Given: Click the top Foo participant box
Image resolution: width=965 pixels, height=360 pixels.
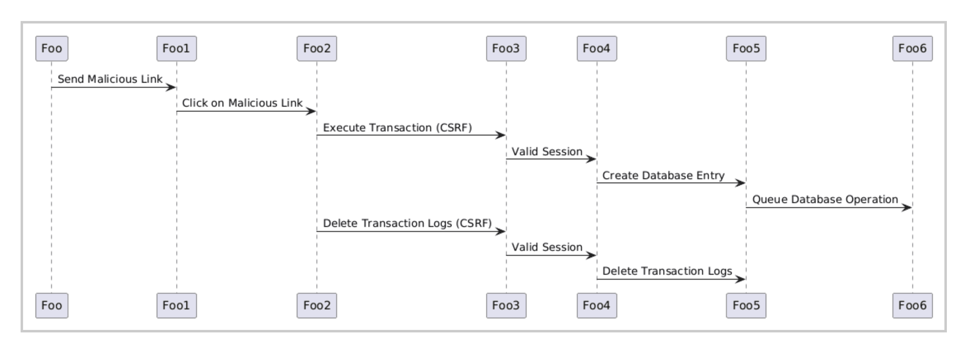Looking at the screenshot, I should (x=52, y=49).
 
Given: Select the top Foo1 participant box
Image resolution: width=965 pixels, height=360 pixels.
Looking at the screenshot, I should (x=176, y=49).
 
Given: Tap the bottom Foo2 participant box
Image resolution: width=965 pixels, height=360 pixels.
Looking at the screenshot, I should (x=316, y=306).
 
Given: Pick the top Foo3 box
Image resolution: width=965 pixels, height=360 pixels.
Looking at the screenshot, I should (x=506, y=49).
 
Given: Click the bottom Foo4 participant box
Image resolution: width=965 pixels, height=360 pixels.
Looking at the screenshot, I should (x=597, y=306).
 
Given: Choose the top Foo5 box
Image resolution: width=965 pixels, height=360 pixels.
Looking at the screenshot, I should (x=746, y=49).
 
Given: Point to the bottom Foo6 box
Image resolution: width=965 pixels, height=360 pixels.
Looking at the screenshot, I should (x=912, y=306).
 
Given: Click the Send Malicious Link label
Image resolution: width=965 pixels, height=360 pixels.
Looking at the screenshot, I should (x=110, y=79).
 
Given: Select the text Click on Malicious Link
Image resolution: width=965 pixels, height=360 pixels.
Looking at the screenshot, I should (x=242, y=103).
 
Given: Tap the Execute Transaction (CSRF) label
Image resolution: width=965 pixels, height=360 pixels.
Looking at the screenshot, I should (x=397, y=128).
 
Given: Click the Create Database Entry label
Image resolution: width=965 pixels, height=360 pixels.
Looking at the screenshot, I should (x=663, y=175).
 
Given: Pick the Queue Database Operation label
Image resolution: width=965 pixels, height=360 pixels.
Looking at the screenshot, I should (x=825, y=199).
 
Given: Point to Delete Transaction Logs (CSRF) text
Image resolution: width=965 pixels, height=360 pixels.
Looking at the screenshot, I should (x=407, y=223).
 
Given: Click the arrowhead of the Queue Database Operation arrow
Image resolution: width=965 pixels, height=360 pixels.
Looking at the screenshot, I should (x=907, y=208).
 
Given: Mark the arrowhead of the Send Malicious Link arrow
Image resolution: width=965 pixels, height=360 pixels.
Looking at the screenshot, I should (x=171, y=87).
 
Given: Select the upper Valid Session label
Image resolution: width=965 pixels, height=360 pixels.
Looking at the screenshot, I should (x=547, y=152).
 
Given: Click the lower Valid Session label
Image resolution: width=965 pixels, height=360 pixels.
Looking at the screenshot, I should (x=547, y=247).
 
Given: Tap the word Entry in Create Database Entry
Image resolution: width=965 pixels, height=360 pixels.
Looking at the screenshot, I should (x=710, y=175).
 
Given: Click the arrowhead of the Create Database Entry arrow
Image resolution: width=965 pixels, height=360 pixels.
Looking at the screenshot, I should (x=741, y=183).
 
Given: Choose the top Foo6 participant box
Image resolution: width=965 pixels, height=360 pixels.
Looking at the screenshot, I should (x=912, y=49).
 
